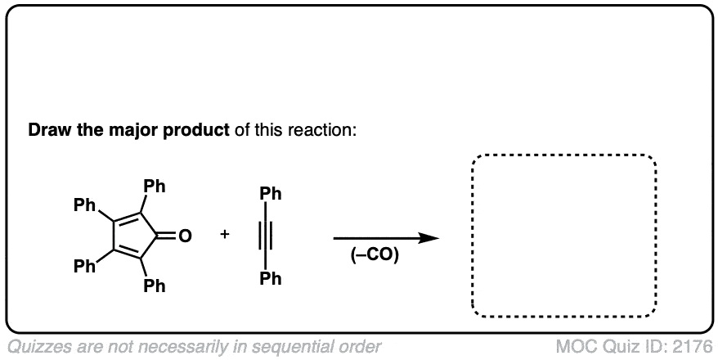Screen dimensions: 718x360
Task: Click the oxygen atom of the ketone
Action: [x=185, y=236]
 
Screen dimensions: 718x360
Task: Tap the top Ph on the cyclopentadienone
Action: [x=155, y=187]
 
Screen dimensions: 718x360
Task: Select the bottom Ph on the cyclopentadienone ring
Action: [x=155, y=286]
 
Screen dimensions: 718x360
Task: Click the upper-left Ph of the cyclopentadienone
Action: [x=84, y=205]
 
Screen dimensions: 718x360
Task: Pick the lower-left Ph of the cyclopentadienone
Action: [x=84, y=266]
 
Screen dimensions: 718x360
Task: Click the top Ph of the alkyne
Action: [x=271, y=194]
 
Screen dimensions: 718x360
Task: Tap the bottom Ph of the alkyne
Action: [x=271, y=278]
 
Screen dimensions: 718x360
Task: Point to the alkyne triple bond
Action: [x=267, y=236]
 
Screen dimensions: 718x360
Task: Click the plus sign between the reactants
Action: [x=224, y=235]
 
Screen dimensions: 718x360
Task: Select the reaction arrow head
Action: [x=429, y=238]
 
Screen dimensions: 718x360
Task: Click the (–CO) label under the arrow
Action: [x=375, y=255]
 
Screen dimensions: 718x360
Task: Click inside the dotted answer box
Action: [x=564, y=236]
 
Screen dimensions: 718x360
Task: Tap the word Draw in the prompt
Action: [x=46, y=130]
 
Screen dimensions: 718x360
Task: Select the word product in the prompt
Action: [x=196, y=131]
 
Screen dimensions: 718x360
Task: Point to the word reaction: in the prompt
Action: [x=322, y=131]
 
